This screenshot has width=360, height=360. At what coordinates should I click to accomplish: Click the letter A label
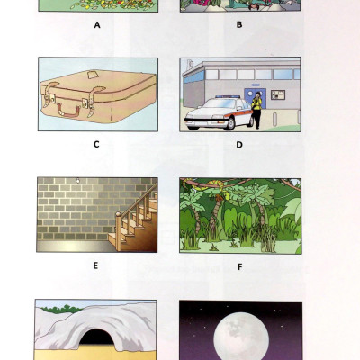(x=96, y=25)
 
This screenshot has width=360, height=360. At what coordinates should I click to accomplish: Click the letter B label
(x=239, y=25)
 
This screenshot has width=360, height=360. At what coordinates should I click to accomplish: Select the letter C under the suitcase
(x=96, y=143)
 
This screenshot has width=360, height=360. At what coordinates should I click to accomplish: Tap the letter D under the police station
(x=239, y=143)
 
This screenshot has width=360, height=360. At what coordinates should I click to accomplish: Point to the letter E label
(x=96, y=265)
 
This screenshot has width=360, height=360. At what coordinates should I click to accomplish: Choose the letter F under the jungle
(x=239, y=265)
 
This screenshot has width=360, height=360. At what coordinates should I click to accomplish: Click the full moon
(x=238, y=338)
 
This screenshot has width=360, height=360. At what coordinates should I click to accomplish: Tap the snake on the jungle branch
(x=216, y=192)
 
